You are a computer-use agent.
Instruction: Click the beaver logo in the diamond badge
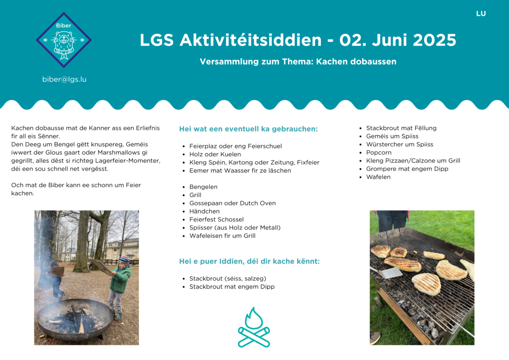[64, 45]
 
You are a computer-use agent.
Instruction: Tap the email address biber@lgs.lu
[64, 79]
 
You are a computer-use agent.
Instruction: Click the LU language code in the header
[481, 14]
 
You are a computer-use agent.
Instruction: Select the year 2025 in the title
[434, 40]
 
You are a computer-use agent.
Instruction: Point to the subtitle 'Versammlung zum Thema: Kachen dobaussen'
[298, 62]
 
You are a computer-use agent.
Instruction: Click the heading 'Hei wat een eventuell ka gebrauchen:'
[249, 129]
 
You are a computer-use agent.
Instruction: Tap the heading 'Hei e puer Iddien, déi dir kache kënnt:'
[249, 262]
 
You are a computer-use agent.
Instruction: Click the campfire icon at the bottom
[254, 327]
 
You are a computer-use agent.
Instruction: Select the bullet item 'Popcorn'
[379, 152]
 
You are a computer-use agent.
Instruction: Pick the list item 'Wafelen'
[378, 177]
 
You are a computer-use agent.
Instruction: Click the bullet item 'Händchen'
[204, 211]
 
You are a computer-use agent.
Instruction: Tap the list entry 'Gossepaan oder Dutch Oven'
[232, 203]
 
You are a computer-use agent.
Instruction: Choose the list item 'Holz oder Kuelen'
[215, 154]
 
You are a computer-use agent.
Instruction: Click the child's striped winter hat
[124, 260]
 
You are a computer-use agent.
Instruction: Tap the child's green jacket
[120, 279]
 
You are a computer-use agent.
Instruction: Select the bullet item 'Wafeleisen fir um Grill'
[222, 236]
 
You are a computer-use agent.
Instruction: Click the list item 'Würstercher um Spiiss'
[400, 144]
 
